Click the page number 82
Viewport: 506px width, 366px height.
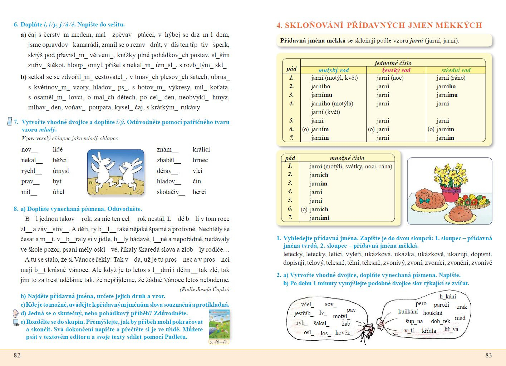(17, 355)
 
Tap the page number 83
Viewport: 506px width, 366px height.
(488, 355)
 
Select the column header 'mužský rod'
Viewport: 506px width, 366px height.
(333, 70)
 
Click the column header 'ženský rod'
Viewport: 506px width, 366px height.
(396, 70)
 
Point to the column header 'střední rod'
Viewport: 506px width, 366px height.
(456, 70)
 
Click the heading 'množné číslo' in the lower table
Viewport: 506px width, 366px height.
(347, 158)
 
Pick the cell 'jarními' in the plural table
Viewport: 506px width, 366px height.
(319, 218)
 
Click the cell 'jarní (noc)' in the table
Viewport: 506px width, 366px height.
(390, 78)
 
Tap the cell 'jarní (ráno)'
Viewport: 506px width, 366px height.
(451, 78)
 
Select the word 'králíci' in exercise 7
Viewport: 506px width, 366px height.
(201, 149)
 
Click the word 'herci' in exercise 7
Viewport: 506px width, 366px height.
(199, 192)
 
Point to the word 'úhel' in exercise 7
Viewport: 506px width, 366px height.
(59, 192)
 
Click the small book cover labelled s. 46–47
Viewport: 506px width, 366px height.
(219, 324)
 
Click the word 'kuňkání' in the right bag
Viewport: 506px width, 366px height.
(408, 312)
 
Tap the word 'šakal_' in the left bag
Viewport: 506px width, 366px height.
(321, 323)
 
